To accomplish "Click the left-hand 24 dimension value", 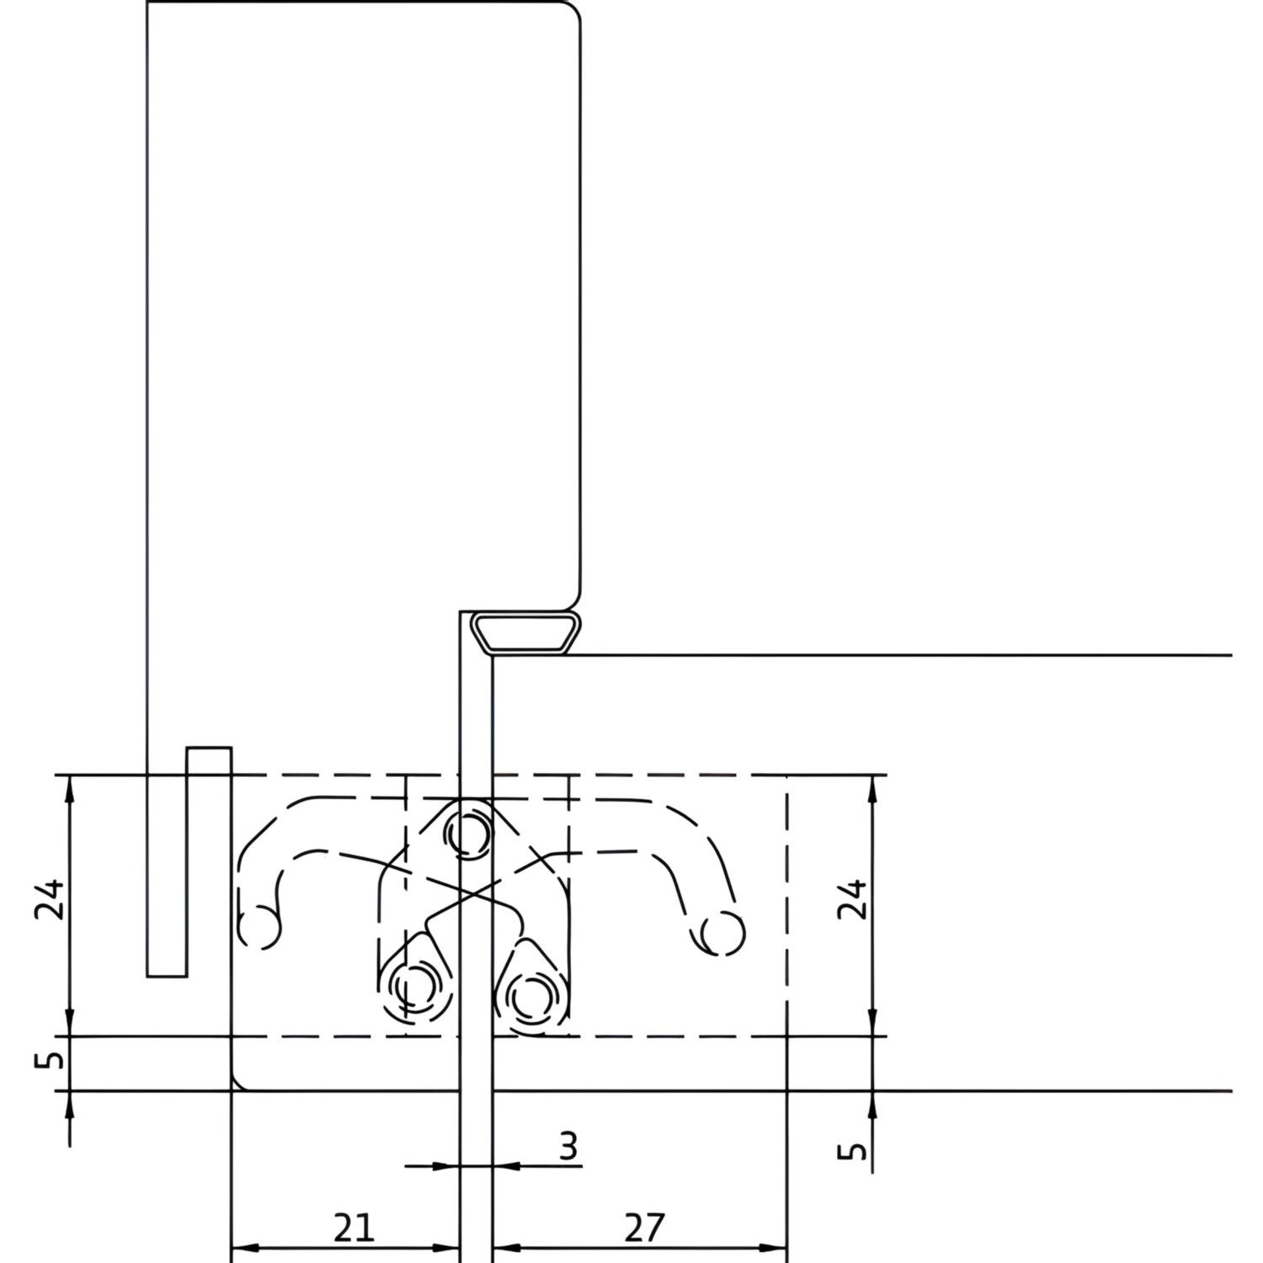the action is pos(49,901).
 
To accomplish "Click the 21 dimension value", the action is pos(354,1228).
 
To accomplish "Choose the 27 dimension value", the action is pos(645,1228).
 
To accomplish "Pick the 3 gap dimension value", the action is pos(569,1147).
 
